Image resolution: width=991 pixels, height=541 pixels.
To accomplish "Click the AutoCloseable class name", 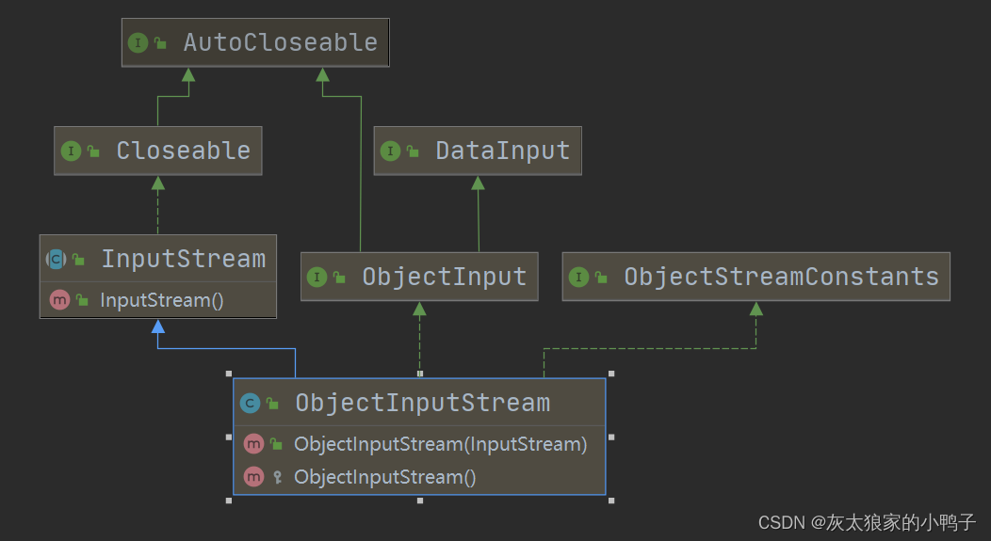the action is click(280, 42).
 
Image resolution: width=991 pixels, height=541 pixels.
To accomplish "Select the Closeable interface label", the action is click(183, 151).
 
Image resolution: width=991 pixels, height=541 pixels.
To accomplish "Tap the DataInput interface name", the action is click(502, 151).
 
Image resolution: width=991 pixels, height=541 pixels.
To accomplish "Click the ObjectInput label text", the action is click(444, 277).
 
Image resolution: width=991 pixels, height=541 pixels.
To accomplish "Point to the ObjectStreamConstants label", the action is click(781, 277).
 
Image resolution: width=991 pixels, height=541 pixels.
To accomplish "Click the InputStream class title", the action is click(183, 259).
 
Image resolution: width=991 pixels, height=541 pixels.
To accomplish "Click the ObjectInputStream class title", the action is click(422, 403).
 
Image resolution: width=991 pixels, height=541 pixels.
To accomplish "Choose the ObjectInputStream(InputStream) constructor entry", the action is click(440, 444).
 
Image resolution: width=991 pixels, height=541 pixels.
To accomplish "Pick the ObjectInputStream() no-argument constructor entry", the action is click(384, 477).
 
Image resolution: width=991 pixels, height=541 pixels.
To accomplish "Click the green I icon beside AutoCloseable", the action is click(138, 42).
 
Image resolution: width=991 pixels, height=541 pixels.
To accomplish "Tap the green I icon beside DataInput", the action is click(390, 151).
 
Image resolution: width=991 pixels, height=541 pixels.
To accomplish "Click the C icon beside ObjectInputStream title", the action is click(250, 404).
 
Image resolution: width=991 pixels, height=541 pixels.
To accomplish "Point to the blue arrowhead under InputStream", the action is click(158, 326).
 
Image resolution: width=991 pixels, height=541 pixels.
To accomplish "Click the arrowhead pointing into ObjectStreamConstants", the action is click(755, 309).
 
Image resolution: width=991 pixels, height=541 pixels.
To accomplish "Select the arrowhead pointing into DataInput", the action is click(479, 183).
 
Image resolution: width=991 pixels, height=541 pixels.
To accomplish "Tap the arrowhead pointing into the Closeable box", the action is click(158, 183).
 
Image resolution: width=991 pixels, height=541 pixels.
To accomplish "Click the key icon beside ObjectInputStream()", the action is click(277, 477).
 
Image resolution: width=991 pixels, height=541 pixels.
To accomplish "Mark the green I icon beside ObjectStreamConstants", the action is click(578, 277).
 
